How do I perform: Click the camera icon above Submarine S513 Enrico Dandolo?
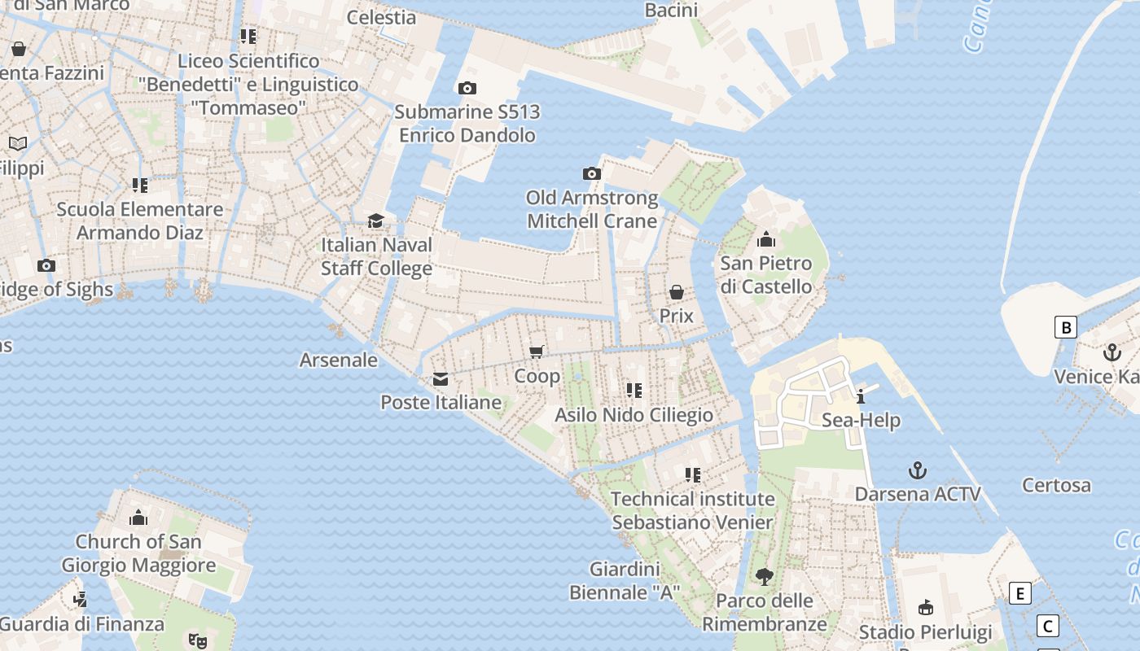[467, 88]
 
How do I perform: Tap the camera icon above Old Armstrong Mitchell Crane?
[592, 173]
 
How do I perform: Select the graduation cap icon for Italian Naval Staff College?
[375, 221]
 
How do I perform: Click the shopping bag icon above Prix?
[677, 292]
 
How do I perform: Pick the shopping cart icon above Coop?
[537, 352]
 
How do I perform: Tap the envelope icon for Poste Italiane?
[441, 378]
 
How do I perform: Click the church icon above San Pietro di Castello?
[765, 240]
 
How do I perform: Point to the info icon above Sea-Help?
[861, 396]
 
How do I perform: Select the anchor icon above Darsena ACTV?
[918, 470]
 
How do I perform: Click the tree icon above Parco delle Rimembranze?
[764, 577]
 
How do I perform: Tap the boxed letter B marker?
[1065, 327]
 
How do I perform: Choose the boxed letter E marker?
[1019, 593]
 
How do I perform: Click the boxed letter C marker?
[1047, 626]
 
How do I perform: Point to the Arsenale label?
[339, 360]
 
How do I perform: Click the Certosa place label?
[1056, 485]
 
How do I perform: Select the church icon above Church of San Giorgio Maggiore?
[138, 518]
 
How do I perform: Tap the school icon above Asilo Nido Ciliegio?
[634, 391]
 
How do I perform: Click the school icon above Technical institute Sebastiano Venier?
[693, 474]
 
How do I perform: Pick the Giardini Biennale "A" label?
[624, 580]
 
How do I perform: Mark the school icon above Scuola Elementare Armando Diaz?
[140, 186]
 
